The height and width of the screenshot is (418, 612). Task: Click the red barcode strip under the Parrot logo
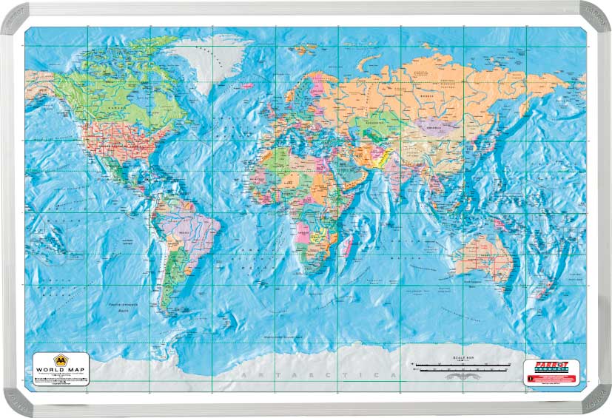(x=551, y=378)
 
